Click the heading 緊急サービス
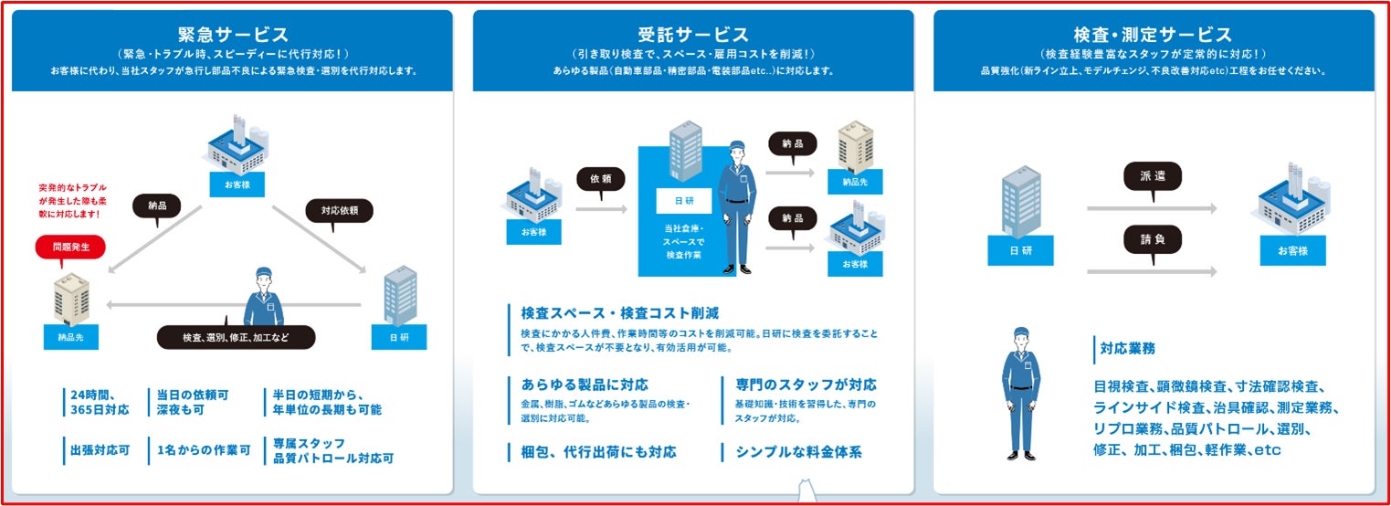click(x=233, y=35)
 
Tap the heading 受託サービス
click(x=693, y=35)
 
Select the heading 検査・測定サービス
click(x=1153, y=35)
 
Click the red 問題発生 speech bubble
click(x=70, y=248)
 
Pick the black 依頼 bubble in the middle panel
click(x=600, y=178)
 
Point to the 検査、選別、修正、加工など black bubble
click(x=236, y=337)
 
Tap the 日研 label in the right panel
click(x=1020, y=250)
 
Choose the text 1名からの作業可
click(x=203, y=451)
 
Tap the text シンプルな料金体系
click(x=798, y=452)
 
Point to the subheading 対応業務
click(x=1128, y=348)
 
